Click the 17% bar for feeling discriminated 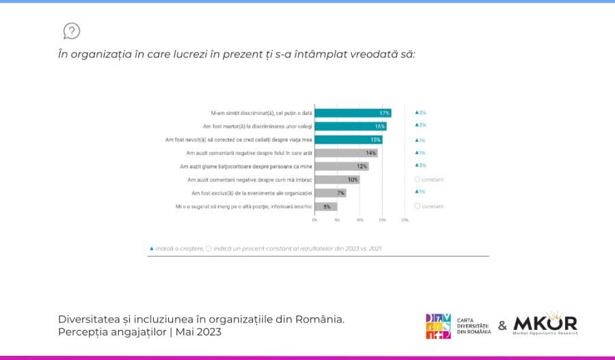(353, 113)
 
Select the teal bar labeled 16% (351, 126)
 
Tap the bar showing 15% (348, 139)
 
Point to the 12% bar (342, 166)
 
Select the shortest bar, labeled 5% (326, 206)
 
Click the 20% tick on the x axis (405, 220)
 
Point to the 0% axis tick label (315, 220)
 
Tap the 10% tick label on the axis (359, 220)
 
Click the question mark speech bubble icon (72, 31)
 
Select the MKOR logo (545, 324)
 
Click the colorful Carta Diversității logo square (439, 326)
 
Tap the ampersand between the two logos (502, 326)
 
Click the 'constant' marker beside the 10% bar (429, 180)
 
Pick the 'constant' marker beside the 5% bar (429, 206)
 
